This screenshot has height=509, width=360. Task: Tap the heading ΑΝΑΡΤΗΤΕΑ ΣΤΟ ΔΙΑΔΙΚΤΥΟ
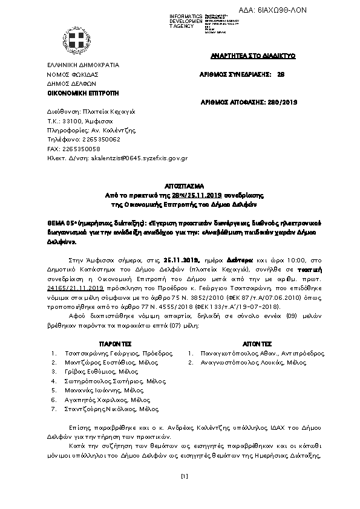click(x=253, y=56)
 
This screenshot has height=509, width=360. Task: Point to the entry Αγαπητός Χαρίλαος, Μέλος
click(x=105, y=400)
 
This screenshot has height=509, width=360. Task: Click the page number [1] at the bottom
click(x=185, y=476)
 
